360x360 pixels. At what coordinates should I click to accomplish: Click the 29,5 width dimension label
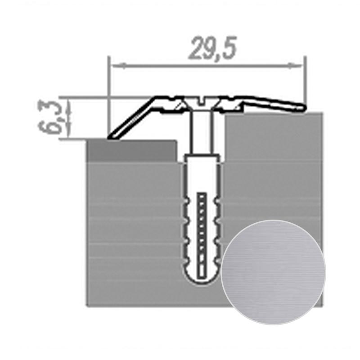[x=212, y=48]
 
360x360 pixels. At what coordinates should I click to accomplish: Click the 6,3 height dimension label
[x=49, y=117]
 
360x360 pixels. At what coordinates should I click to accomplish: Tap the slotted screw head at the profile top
[x=201, y=101]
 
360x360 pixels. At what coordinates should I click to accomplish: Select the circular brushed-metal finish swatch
[x=273, y=272]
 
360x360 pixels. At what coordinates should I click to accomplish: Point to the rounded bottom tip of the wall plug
[x=202, y=283]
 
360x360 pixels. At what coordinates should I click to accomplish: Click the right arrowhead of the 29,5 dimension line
[x=296, y=66]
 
